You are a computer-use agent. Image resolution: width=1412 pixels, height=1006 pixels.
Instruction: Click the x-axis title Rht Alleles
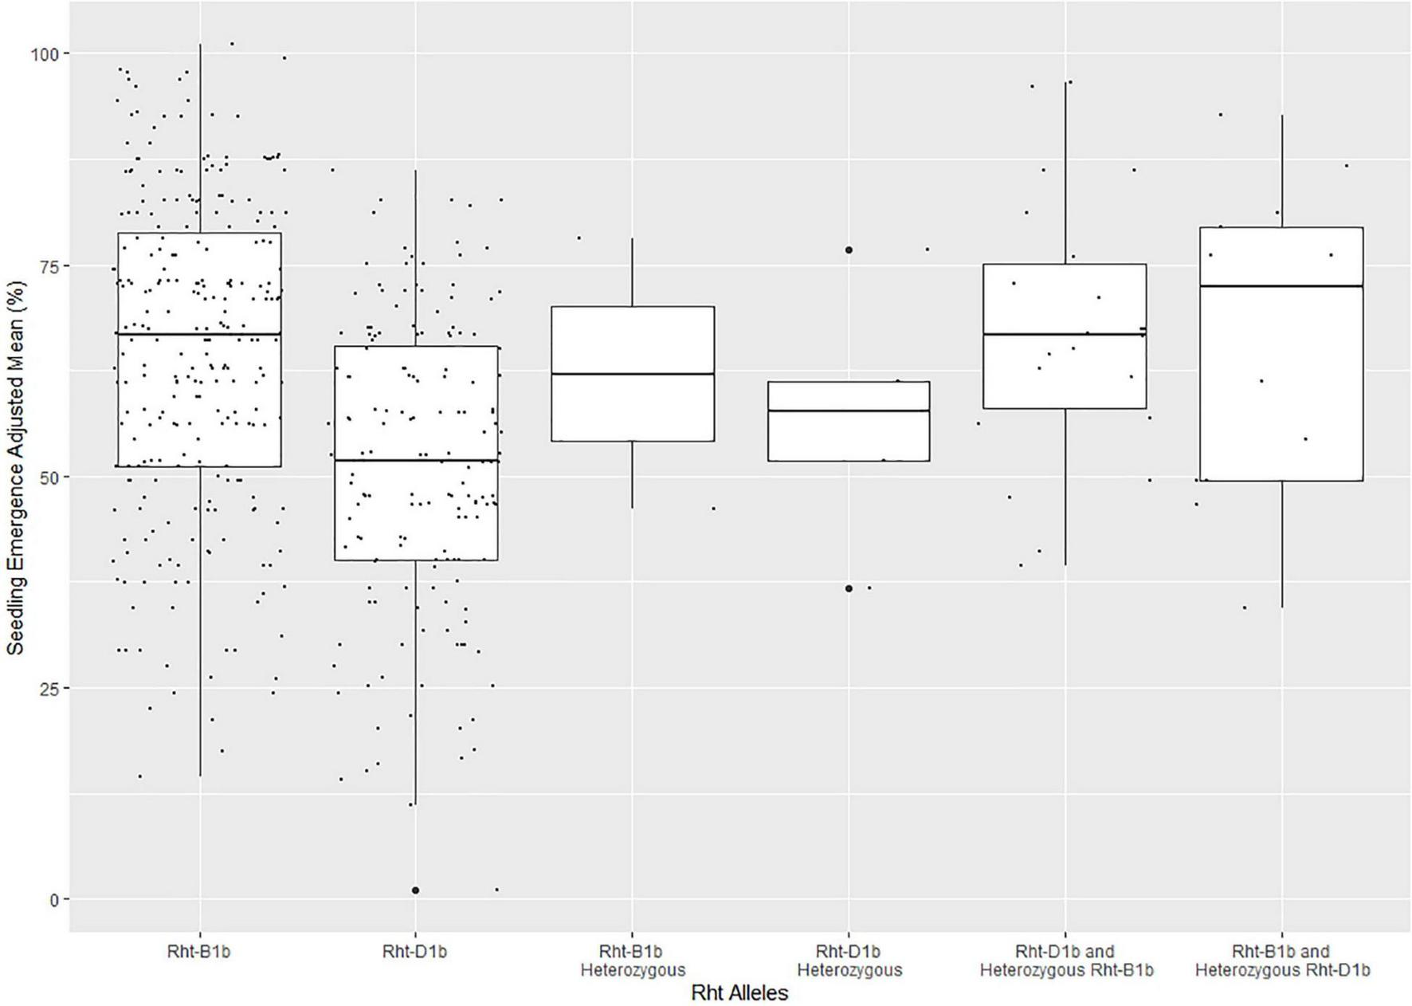[739, 993]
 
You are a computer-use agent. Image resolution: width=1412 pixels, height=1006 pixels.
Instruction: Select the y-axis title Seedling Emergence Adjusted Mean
[16, 466]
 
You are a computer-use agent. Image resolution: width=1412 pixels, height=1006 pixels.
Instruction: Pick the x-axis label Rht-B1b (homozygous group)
[199, 951]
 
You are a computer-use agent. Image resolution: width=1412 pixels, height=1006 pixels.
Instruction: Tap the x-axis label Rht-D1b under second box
[415, 951]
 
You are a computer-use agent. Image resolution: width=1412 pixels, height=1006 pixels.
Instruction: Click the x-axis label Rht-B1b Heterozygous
[633, 961]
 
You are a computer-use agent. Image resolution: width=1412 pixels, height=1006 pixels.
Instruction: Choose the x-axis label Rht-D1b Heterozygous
[849, 961]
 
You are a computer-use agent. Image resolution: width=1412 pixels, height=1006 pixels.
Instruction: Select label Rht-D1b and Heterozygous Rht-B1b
[1066, 961]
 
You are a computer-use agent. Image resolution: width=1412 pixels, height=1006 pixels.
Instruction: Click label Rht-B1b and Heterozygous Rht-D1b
[1282, 961]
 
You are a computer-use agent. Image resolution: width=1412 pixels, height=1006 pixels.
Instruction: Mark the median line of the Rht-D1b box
[416, 461]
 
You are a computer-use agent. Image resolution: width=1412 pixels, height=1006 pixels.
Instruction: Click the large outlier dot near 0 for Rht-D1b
[416, 890]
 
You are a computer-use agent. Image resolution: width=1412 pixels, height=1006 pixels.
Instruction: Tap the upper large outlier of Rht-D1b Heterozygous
[849, 250]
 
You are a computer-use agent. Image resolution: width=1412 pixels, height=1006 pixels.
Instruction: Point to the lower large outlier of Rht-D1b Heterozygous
[849, 589]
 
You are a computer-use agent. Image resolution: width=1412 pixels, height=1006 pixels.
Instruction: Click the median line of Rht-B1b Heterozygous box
[633, 374]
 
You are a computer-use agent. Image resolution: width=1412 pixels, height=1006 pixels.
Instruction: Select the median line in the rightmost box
[1282, 285]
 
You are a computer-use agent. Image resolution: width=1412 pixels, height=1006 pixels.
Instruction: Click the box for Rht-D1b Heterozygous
[849, 430]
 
